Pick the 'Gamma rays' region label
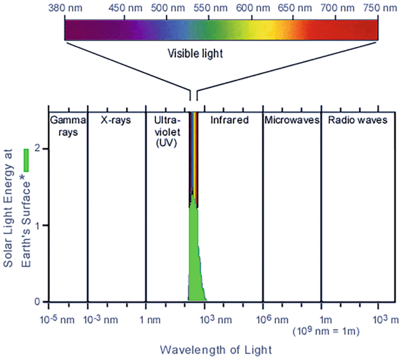(x=67, y=125)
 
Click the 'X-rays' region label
(x=116, y=120)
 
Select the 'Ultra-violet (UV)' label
(x=167, y=131)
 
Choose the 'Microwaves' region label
(x=292, y=120)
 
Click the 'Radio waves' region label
(x=358, y=120)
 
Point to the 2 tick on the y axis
(x=38, y=149)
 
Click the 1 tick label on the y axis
(x=38, y=226)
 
